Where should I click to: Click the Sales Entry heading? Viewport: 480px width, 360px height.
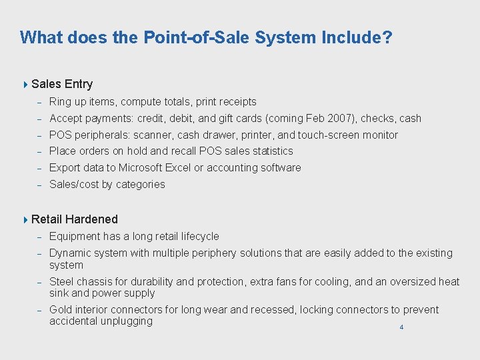(x=62, y=84)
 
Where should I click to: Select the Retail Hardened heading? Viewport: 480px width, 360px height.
(x=75, y=219)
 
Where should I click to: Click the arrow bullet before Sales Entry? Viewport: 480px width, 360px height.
(x=25, y=84)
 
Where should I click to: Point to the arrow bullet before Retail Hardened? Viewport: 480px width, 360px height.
(x=25, y=219)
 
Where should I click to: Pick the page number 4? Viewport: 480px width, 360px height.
(x=401, y=327)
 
